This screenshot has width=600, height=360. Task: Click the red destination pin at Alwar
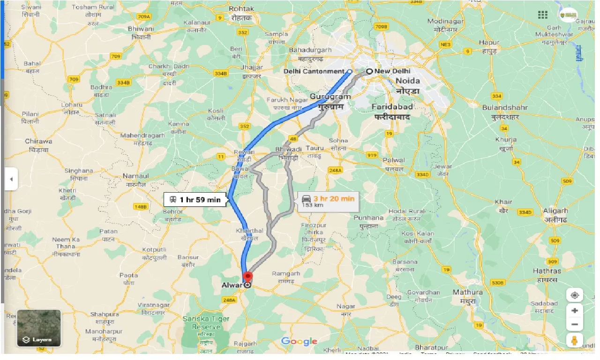point(247,277)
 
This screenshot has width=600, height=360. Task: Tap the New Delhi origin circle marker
point(369,71)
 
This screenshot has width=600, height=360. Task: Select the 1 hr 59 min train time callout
point(195,200)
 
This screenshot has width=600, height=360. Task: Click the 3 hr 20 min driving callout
point(328,201)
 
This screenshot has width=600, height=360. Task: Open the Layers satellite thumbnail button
point(39,328)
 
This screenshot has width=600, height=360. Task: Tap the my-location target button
point(575,295)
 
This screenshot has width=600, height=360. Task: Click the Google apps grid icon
point(543,15)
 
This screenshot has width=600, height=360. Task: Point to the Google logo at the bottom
point(299,341)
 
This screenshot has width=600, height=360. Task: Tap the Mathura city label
point(467,292)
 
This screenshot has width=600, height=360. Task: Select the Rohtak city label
point(241,9)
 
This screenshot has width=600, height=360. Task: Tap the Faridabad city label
point(392,106)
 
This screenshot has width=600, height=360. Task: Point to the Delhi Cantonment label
point(314,71)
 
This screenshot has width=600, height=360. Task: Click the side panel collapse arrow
point(11,179)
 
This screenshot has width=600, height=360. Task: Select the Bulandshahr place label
point(505,107)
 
